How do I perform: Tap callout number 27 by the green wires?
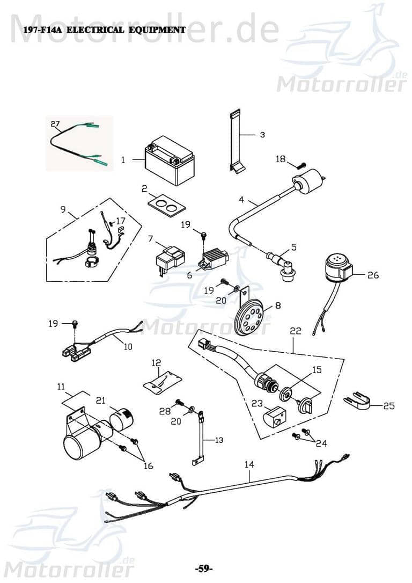pos(55,124)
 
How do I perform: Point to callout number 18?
pos(281,159)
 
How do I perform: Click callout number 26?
pos(373,275)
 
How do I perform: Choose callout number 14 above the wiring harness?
pos(248,464)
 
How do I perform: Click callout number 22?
pos(296,332)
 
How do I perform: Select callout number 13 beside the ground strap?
pos(218,440)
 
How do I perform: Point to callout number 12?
pos(156,363)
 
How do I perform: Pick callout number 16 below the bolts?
pos(148,465)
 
